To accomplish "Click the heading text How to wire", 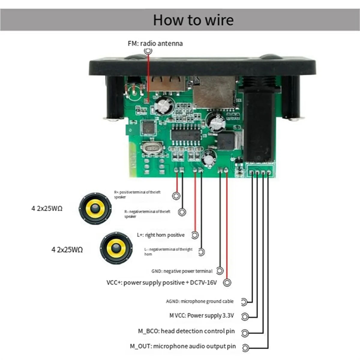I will tap(193, 20).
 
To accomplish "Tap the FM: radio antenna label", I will tap(155, 43).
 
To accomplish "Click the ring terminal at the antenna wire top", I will tap(148, 51).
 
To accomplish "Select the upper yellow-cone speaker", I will tap(95, 208).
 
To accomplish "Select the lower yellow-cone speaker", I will tap(116, 248).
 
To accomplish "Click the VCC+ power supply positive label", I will tap(161, 283).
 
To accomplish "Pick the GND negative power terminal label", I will tap(182, 271).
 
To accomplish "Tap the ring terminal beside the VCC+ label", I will tap(227, 283).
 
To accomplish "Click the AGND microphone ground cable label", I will tap(199, 301).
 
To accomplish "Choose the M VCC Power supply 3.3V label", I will tap(201, 316).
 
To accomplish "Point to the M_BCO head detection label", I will tap(186, 331).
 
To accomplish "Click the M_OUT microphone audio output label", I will tap(183, 346).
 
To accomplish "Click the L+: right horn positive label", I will tap(160, 235).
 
